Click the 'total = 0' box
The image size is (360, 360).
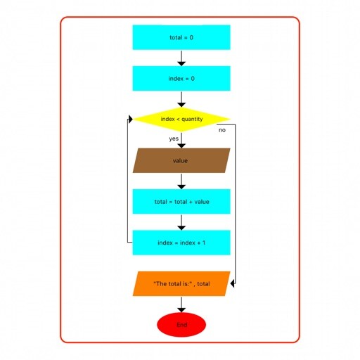pos(181,37)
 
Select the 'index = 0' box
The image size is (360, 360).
pos(181,78)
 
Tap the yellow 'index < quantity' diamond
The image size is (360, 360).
pos(181,119)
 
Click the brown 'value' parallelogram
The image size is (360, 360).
pos(181,160)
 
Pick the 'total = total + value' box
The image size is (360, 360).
pos(181,202)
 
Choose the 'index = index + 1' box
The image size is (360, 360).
pos(181,243)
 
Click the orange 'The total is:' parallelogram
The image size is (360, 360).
pos(181,283)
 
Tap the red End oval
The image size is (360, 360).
pos(181,325)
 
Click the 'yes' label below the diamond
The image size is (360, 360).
pos(174,139)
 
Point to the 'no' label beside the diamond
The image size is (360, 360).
pos(222,130)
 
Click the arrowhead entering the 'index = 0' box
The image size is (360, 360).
pos(181,64)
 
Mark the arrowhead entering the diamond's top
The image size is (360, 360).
pos(181,105)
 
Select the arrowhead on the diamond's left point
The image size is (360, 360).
pos(130,119)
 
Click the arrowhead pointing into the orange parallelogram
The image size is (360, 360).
pos(233,283)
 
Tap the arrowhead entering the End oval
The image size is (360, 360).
pos(181,310)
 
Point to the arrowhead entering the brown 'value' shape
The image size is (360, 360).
pos(181,146)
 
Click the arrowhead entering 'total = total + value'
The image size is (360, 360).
pos(181,187)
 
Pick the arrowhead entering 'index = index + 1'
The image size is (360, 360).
pos(181,228)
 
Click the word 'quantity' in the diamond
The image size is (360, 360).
pos(192,120)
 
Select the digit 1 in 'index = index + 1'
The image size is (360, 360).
pos(204,243)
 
